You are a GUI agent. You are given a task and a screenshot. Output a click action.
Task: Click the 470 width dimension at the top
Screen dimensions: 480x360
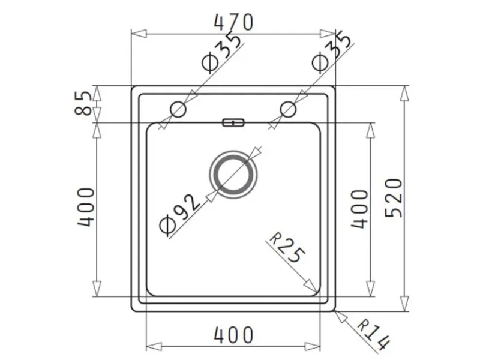[233, 22]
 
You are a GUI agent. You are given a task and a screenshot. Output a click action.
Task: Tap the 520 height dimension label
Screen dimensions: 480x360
[394, 198]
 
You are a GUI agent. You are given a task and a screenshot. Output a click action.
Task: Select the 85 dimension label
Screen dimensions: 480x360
[83, 103]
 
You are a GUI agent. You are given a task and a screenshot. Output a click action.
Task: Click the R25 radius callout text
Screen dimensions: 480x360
[287, 248]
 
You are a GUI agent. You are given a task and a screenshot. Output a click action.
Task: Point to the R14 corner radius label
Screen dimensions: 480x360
[373, 335]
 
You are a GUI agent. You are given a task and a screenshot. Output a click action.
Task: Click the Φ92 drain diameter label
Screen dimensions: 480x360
[179, 215]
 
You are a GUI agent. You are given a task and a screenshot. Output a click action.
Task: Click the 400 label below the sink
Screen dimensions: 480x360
[233, 335]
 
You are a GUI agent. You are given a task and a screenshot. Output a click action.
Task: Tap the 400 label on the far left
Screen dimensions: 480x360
[86, 207]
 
